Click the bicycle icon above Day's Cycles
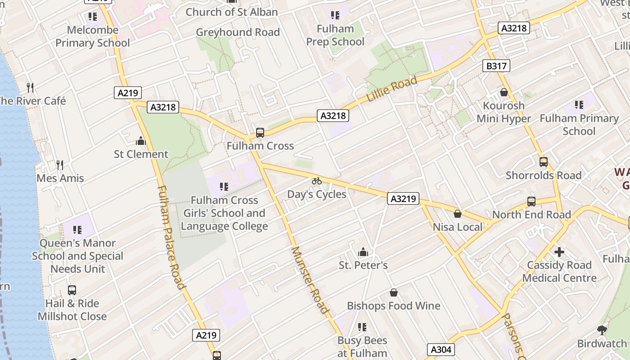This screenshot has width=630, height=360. click(317, 181)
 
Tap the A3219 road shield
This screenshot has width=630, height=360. click(403, 198)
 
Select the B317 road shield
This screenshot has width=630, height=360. click(496, 66)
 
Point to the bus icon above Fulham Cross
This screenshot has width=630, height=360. click(260, 133)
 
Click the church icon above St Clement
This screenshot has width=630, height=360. click(141, 141)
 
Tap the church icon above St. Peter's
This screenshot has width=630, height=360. click(363, 252)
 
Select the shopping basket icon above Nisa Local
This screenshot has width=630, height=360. click(458, 214)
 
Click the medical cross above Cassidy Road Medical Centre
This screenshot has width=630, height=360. click(559, 252)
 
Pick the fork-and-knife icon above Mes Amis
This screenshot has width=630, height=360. click(59, 165)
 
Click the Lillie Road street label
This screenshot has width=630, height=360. click(392, 89)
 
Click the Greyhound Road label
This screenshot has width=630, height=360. click(238, 32)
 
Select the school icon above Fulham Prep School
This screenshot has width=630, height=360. click(335, 16)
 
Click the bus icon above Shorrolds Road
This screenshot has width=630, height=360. click(544, 162)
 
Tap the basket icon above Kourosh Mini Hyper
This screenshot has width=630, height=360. click(504, 92)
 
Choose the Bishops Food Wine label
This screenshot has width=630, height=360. click(393, 306)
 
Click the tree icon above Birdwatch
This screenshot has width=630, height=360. click(602, 330)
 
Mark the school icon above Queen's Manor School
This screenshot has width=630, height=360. click(77, 230)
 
